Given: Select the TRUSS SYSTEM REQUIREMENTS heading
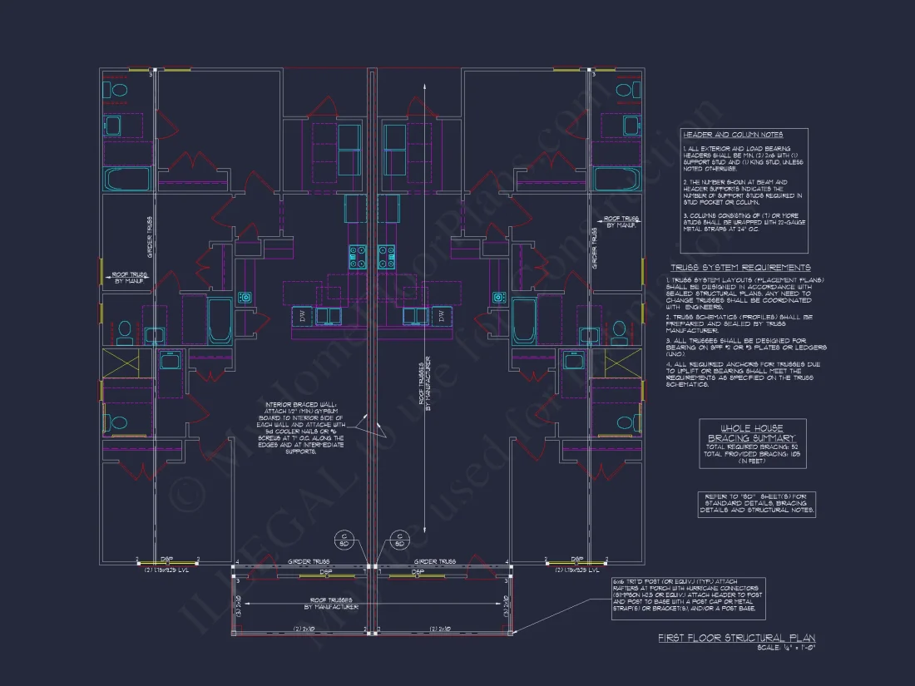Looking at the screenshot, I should point(740,268).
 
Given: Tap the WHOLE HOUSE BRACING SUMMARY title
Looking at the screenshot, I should point(752,432).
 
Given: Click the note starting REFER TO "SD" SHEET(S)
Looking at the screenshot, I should point(757,504).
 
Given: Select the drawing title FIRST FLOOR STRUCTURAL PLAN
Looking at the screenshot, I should point(736,639).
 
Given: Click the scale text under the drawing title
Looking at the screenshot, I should point(785,648).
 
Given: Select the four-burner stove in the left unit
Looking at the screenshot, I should point(359,255).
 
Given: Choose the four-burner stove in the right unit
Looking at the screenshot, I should point(387,255).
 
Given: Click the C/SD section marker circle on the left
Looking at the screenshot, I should point(345,540).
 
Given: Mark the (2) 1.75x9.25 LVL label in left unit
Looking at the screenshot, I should point(166,570).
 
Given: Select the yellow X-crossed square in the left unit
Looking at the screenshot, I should point(115,363).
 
